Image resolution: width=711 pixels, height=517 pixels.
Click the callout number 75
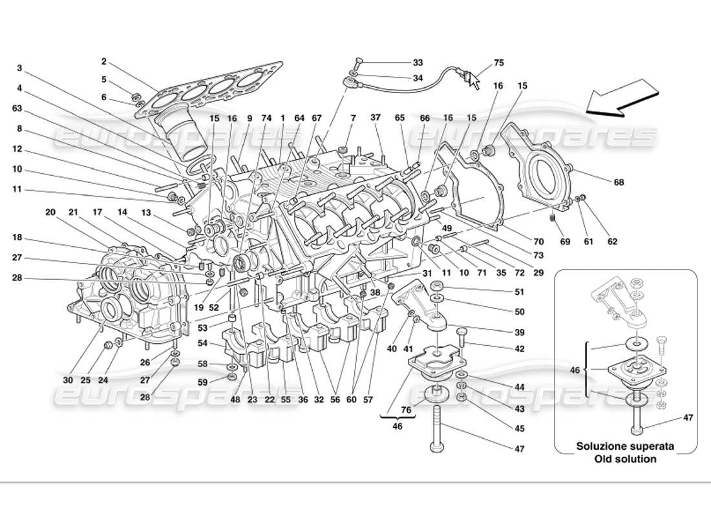498,63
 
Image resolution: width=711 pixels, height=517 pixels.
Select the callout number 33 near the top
418,63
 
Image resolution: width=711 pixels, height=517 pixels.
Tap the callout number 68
619,182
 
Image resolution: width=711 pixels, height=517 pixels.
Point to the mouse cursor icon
475,81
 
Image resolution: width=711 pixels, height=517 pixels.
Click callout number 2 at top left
103,62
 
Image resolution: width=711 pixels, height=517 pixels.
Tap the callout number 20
50,211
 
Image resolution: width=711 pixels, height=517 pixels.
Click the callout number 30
69,381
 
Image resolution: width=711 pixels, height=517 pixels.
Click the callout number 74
266,118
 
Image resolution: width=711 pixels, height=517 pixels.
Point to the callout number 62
612,242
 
